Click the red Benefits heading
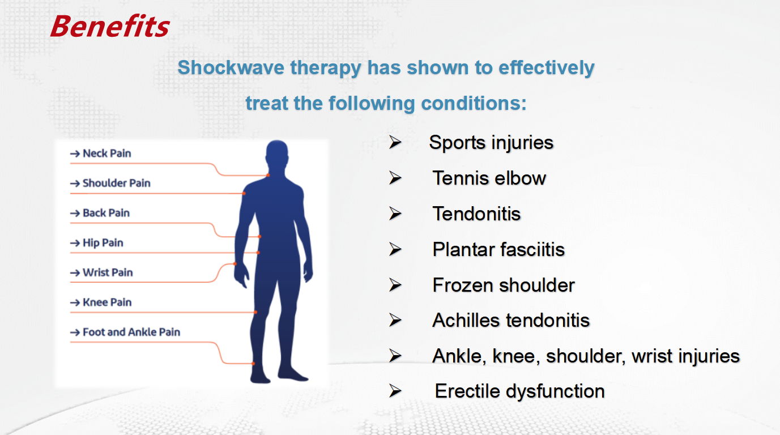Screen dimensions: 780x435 point(110,26)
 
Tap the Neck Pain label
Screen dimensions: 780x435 point(107,153)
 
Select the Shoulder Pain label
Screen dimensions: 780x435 point(117,183)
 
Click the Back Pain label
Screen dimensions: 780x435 point(106,213)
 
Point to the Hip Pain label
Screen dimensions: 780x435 point(103,243)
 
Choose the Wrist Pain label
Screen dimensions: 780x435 point(108,272)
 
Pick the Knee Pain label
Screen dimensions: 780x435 point(107,302)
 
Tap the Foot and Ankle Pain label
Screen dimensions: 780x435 point(131,332)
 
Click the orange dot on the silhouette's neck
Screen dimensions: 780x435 point(268,175)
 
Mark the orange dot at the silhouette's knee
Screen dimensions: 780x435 point(255,313)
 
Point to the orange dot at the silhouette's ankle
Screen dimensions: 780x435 point(253,364)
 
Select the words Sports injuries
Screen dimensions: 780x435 point(491,143)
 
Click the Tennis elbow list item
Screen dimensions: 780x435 point(489,178)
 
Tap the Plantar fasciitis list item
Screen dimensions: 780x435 point(498,249)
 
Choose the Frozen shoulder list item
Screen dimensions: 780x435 point(504,285)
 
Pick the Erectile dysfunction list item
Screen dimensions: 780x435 point(520,391)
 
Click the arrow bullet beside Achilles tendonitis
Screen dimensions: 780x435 point(395,320)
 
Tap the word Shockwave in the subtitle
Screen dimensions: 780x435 point(231,67)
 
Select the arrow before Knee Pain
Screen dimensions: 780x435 point(75,302)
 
